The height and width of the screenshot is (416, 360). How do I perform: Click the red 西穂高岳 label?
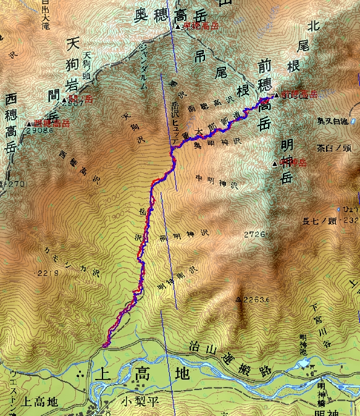(x=52, y=123)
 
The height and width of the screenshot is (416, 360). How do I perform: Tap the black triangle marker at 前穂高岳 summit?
(x=276, y=96)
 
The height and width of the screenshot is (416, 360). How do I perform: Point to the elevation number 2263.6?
(x=257, y=301)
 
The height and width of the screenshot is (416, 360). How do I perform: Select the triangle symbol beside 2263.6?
(x=239, y=300)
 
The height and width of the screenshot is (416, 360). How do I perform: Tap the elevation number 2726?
(x=256, y=235)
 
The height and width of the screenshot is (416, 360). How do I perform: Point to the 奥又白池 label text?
(x=334, y=122)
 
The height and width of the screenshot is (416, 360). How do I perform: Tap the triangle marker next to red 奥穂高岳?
(x=178, y=27)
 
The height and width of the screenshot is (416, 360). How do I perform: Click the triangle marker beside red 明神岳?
(x=275, y=164)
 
